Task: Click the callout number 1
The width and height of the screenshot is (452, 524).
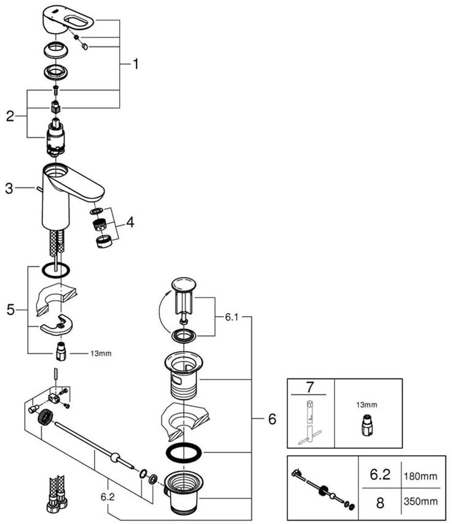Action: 135,64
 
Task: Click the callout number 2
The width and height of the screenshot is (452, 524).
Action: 10,116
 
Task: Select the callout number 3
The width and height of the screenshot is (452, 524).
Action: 9,189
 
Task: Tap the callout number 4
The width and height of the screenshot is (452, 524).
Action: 130,222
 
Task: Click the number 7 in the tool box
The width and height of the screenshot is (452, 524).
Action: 310,388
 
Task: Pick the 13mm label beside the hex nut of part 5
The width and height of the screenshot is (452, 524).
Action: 100,353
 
